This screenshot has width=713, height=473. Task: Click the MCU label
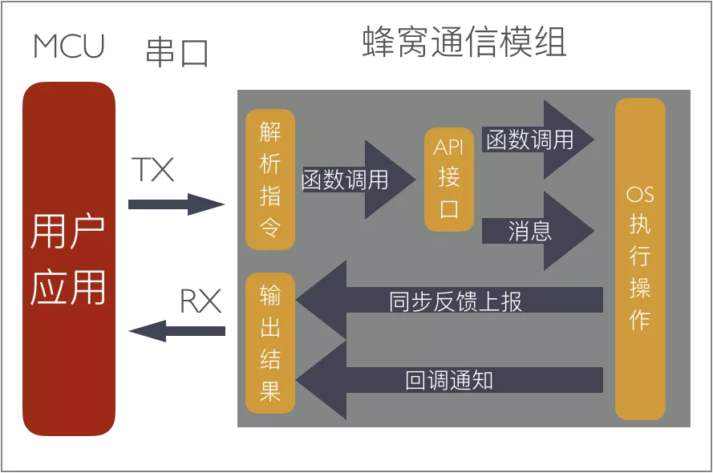[69, 46]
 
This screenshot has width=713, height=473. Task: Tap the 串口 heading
[176, 53]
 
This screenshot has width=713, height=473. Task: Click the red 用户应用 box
[68, 258]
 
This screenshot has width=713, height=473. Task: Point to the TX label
[152, 169]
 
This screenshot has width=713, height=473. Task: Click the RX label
[200, 301]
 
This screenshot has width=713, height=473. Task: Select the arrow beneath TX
[176, 204]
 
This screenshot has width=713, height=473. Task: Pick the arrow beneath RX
[176, 330]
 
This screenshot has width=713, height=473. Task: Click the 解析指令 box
[270, 179]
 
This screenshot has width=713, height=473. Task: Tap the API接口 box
[449, 179]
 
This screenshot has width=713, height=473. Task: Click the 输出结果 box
[270, 343]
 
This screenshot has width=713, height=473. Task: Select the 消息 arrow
[537, 231]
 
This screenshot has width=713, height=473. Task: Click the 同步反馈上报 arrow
[449, 301]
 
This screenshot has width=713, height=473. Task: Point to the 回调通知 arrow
[449, 379]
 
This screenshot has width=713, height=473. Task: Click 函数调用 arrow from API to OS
[537, 140]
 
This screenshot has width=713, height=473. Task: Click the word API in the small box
[449, 148]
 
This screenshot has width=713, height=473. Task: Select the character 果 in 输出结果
[270, 390]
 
